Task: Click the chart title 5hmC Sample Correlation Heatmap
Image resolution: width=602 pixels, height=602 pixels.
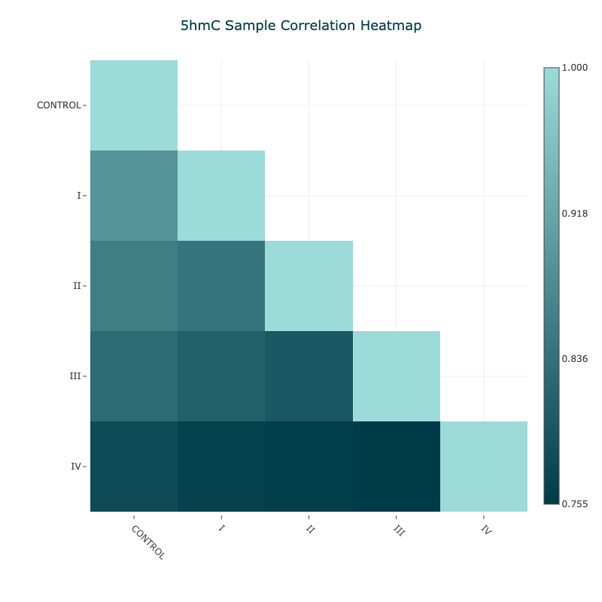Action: pyautogui.click(x=301, y=26)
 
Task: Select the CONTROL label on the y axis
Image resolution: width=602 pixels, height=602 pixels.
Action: pyautogui.click(x=59, y=105)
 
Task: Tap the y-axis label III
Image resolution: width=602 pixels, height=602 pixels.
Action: pyautogui.click(x=75, y=376)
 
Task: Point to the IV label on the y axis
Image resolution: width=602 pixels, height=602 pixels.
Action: pyautogui.click(x=76, y=467)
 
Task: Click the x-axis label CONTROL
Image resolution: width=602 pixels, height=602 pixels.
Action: pyautogui.click(x=147, y=542)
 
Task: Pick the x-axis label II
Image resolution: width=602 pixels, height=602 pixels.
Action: pyautogui.click(x=310, y=530)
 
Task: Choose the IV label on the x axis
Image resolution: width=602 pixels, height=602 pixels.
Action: pyautogui.click(x=486, y=531)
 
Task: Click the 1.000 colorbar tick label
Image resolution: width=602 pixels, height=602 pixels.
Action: pyautogui.click(x=575, y=68)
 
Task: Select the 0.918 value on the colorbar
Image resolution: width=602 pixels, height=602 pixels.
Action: pyautogui.click(x=575, y=214)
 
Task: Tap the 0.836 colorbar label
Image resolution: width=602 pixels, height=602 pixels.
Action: pyautogui.click(x=575, y=359)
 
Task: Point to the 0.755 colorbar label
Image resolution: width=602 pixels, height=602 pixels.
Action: pyautogui.click(x=575, y=503)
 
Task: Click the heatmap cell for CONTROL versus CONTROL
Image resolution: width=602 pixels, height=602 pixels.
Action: pyautogui.click(x=134, y=105)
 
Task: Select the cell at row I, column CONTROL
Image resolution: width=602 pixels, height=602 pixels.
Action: pyautogui.click(x=134, y=196)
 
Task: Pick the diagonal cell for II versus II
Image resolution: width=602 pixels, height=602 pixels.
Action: pyautogui.click(x=309, y=286)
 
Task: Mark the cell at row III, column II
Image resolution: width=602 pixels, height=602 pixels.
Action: pyautogui.click(x=309, y=376)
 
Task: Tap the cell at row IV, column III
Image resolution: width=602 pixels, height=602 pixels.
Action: pyautogui.click(x=397, y=467)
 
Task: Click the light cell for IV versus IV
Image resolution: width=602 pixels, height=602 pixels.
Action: pyautogui.click(x=484, y=467)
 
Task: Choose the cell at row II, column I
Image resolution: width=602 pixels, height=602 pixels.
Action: pyautogui.click(x=221, y=286)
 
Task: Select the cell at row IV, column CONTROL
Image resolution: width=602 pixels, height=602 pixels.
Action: pyautogui.click(x=134, y=467)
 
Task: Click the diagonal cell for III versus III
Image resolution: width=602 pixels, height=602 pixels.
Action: pyautogui.click(x=397, y=376)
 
